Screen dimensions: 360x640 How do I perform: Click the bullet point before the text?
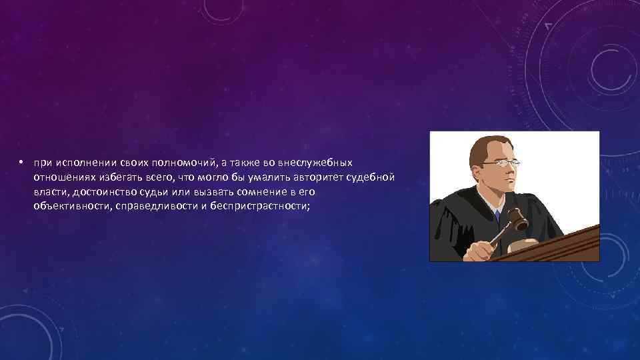click(x=21, y=163)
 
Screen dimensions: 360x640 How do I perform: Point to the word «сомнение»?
click(x=262, y=192)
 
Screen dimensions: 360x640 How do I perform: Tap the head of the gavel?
click(x=515, y=221)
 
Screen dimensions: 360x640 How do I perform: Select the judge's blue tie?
click(x=497, y=215)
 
